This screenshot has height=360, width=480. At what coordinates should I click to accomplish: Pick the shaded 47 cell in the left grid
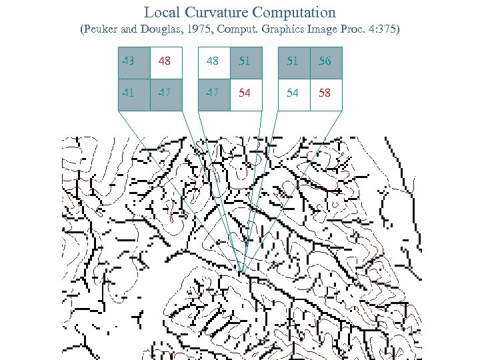pyautogui.click(x=165, y=93)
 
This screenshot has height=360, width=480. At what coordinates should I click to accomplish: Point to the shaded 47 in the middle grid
pyautogui.click(x=213, y=93)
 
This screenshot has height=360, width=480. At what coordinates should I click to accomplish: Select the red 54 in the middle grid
pyautogui.click(x=244, y=93)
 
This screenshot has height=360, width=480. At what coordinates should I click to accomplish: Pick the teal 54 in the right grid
pyautogui.click(x=293, y=93)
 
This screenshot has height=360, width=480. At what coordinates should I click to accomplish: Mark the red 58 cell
pyautogui.click(x=325, y=93)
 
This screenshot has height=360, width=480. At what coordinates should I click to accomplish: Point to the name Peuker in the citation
pyautogui.click(x=103, y=31)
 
